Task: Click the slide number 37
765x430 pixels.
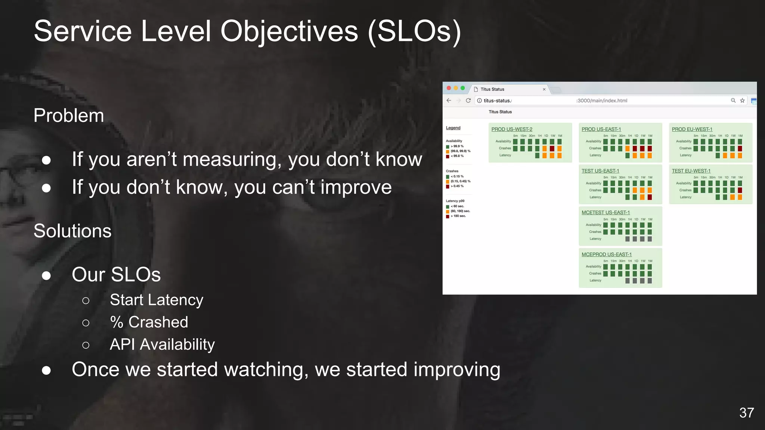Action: coord(746,413)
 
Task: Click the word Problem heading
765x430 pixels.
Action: coord(69,115)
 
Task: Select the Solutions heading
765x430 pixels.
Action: coord(72,231)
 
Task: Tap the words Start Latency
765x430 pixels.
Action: coord(157,300)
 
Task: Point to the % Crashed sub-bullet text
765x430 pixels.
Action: coord(149,322)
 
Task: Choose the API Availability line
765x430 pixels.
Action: coord(162,344)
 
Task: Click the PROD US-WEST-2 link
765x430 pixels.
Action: coord(512,129)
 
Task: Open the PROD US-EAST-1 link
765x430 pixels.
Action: coord(601,129)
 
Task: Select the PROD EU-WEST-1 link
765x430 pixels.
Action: coord(692,129)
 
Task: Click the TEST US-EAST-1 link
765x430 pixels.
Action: coord(600,171)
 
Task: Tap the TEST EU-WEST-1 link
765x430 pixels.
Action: coord(691,171)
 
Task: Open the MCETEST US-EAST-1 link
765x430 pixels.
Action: coord(606,212)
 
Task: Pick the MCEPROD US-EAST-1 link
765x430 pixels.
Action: coord(606,254)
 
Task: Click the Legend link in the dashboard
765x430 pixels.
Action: coord(453,128)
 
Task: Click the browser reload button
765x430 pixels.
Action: coord(468,100)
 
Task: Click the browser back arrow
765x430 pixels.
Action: coord(449,100)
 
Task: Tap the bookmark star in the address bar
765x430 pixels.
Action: coord(742,100)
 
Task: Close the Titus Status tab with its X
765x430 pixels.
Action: coord(544,89)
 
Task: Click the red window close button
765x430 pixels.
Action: coord(449,88)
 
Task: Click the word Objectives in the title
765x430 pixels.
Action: coord(289,31)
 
